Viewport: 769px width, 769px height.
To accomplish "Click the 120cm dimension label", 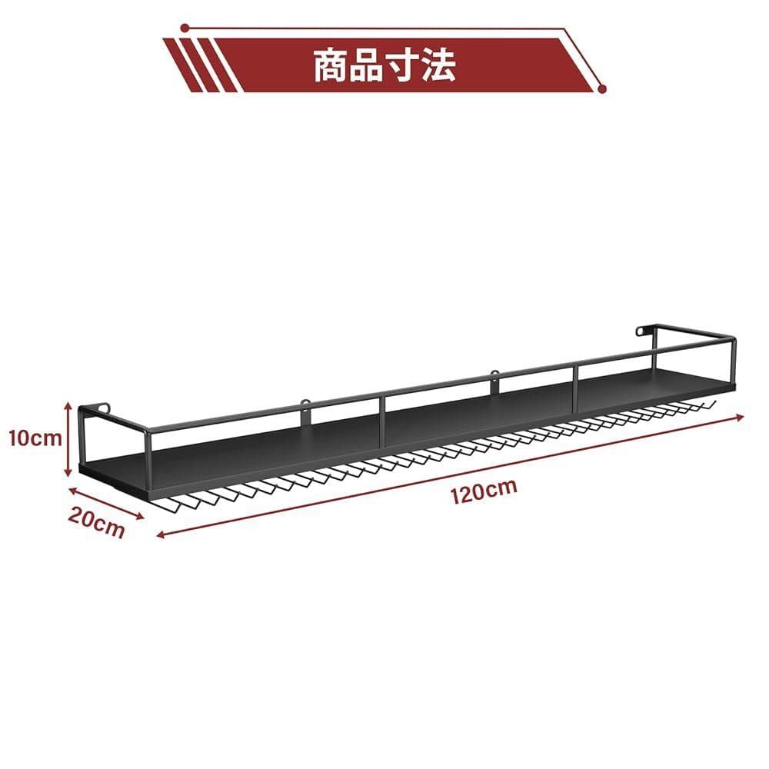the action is [484, 491].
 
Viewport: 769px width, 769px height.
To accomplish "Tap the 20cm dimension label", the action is [96, 523].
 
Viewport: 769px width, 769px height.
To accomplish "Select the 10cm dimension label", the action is [35, 438].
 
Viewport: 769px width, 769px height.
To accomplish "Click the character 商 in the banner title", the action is [332, 65].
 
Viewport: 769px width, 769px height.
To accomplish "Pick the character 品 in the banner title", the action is [367, 65].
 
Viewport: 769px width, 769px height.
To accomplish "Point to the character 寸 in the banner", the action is [402, 65].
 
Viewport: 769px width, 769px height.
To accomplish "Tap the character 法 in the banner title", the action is [438, 65].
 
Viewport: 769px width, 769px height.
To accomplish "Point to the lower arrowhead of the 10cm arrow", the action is [68, 474].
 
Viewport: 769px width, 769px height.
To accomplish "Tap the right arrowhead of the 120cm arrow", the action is [740, 418].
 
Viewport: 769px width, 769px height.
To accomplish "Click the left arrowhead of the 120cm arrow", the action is [161, 534].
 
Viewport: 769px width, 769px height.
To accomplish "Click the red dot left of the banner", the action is [185, 28].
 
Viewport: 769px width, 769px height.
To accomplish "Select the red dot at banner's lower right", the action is [603, 88].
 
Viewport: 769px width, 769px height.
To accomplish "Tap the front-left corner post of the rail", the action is [148, 460].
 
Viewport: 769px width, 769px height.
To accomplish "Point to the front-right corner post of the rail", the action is [734, 361].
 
